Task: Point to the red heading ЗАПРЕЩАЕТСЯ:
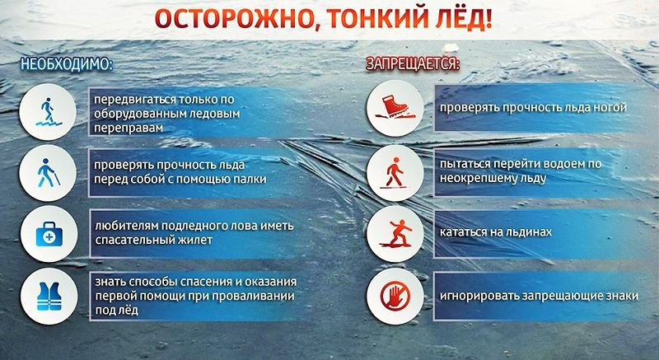click(x=414, y=64)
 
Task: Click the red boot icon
click(x=395, y=108)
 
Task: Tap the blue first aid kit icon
click(x=49, y=234)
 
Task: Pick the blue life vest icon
click(x=49, y=296)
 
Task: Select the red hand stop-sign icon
click(x=395, y=296)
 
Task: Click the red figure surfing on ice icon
click(x=395, y=234)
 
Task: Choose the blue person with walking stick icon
click(x=49, y=172)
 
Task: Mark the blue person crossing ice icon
click(x=49, y=112)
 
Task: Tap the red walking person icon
click(x=395, y=172)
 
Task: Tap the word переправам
click(x=129, y=129)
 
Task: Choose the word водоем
click(x=559, y=164)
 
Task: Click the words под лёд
click(x=116, y=311)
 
